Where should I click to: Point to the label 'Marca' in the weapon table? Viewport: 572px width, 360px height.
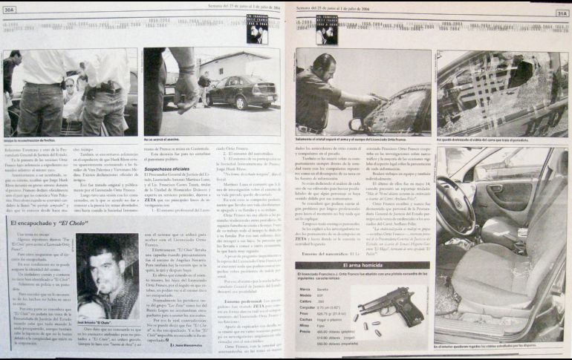[305, 289]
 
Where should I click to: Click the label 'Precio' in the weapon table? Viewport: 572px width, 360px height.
[305, 333]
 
